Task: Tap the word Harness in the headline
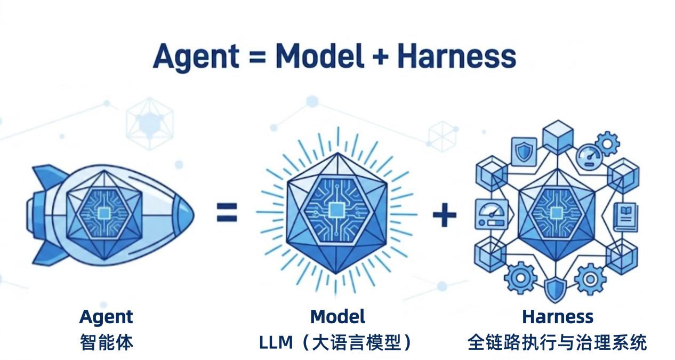(456, 56)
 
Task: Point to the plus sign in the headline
(380, 57)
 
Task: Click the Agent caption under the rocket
(106, 317)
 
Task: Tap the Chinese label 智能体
(106, 342)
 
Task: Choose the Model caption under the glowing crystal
(337, 317)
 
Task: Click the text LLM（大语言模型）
(337, 342)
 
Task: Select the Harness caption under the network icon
(557, 317)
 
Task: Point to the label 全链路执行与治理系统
(557, 342)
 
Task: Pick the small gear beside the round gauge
(607, 143)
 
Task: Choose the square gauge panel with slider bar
(489, 214)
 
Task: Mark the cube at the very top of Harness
(557, 136)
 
